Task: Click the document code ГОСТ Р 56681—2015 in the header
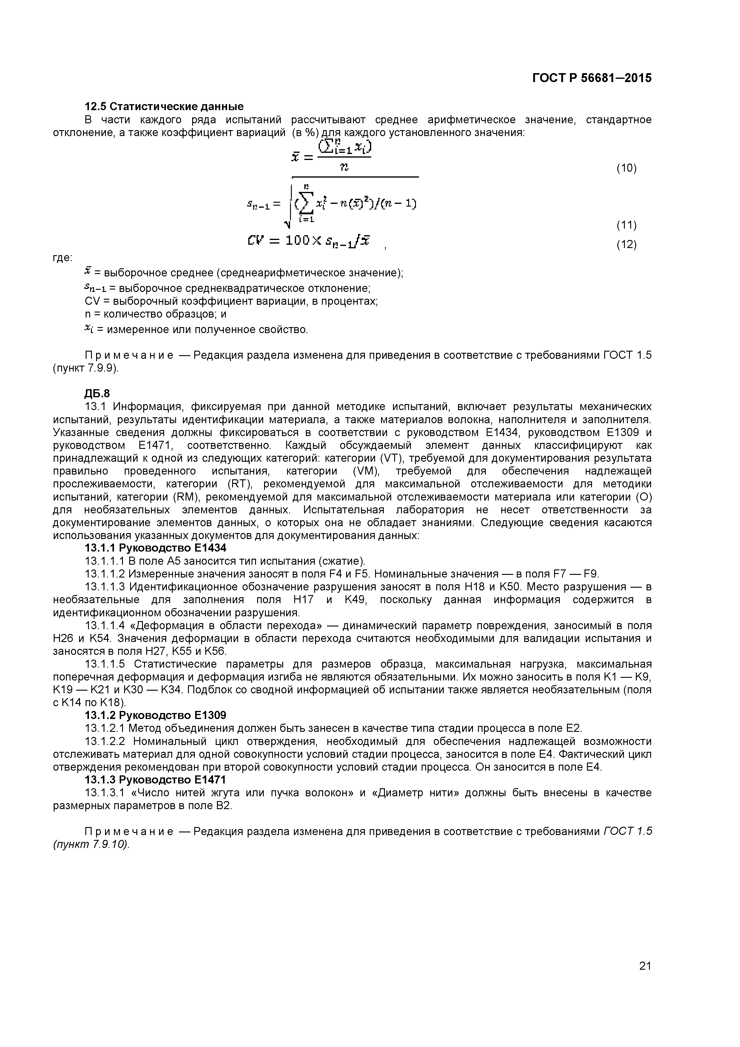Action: coord(591,78)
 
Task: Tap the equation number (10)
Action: coord(626,168)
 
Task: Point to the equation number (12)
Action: coord(626,245)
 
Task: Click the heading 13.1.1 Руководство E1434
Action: coord(155,548)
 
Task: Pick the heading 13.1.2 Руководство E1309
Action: coord(155,715)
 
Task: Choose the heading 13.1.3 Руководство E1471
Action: coord(155,780)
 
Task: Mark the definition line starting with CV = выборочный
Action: coord(231,301)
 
